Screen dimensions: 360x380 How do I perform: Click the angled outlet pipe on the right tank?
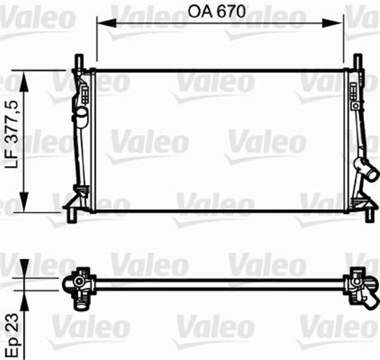(366, 171)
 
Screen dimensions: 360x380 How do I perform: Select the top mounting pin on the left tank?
(78, 62)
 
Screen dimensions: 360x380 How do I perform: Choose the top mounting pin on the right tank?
(357, 62)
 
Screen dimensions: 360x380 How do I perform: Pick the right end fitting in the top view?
(360, 285)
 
